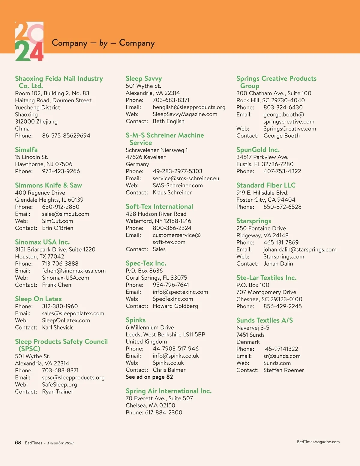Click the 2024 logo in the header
pos(29,41)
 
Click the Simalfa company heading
pos(26,150)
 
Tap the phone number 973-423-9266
pos(61,171)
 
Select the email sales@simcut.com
pos(65,214)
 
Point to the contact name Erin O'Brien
pos(58,228)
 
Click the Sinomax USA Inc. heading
pos(42,242)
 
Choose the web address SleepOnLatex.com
pos(66,320)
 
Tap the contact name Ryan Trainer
pos(58,392)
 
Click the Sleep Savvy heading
pos(144,79)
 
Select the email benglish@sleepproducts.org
pos(189,107)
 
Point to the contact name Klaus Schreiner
pos(172,193)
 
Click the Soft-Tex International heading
pos(159,207)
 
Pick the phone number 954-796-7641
pos(171,285)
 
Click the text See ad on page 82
pos(149,377)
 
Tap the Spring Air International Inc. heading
pos(169,391)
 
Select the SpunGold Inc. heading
pos(258,150)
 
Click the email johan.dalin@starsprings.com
pos(300,250)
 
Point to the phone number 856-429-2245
pos(283,306)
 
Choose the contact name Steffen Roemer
pos(284,370)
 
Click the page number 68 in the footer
pos(18,443)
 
